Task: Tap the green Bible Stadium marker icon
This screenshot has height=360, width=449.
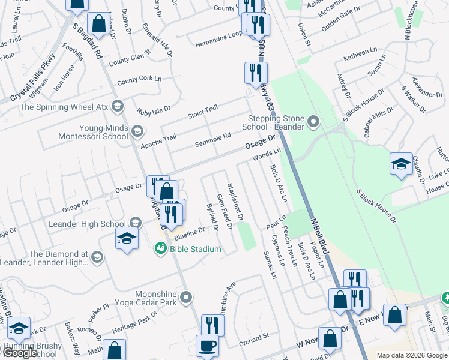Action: (x=160, y=248)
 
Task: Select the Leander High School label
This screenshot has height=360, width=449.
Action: (x=88, y=224)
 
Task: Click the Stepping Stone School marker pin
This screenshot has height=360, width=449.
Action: (x=313, y=123)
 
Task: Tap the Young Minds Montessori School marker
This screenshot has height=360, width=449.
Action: (x=137, y=131)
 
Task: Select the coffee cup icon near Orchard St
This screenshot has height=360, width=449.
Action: (x=208, y=346)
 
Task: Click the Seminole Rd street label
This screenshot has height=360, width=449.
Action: (x=213, y=139)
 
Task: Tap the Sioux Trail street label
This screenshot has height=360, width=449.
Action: (x=202, y=112)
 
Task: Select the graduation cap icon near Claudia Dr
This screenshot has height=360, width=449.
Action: (x=400, y=164)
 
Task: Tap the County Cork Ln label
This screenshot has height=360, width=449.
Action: (x=140, y=80)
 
